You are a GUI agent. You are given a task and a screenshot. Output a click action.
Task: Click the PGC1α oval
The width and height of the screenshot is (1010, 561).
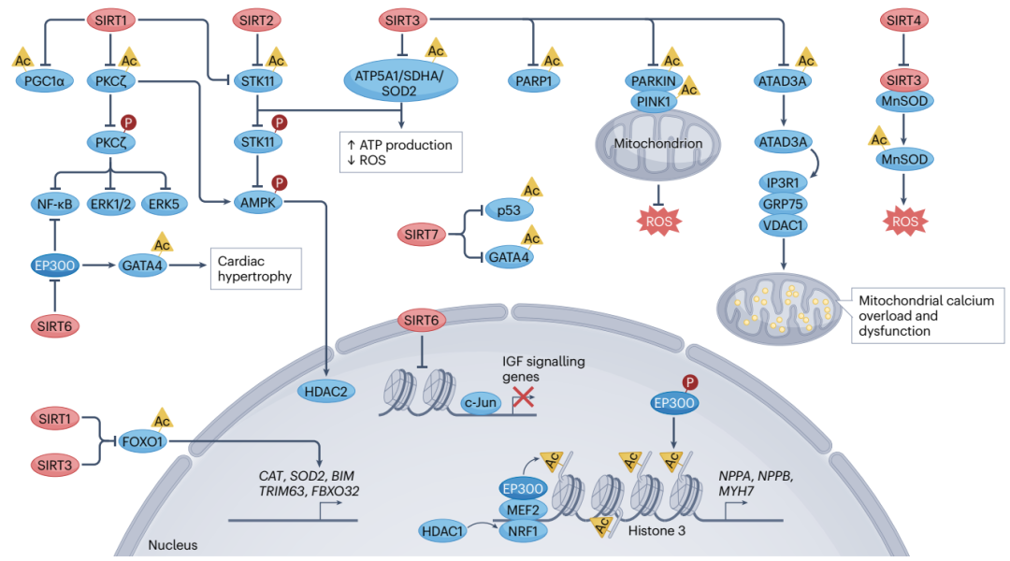point(45,81)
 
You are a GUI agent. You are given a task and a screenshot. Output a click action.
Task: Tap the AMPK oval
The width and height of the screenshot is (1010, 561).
point(257,200)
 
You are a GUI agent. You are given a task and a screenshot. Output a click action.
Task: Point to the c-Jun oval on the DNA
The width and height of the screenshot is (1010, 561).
point(481,402)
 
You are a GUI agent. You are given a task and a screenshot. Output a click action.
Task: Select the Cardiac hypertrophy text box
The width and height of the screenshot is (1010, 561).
point(254,268)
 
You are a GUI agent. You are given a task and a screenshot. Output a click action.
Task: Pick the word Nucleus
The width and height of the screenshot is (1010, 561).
point(172,543)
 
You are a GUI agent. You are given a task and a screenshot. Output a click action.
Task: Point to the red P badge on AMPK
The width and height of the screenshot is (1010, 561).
point(278,181)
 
